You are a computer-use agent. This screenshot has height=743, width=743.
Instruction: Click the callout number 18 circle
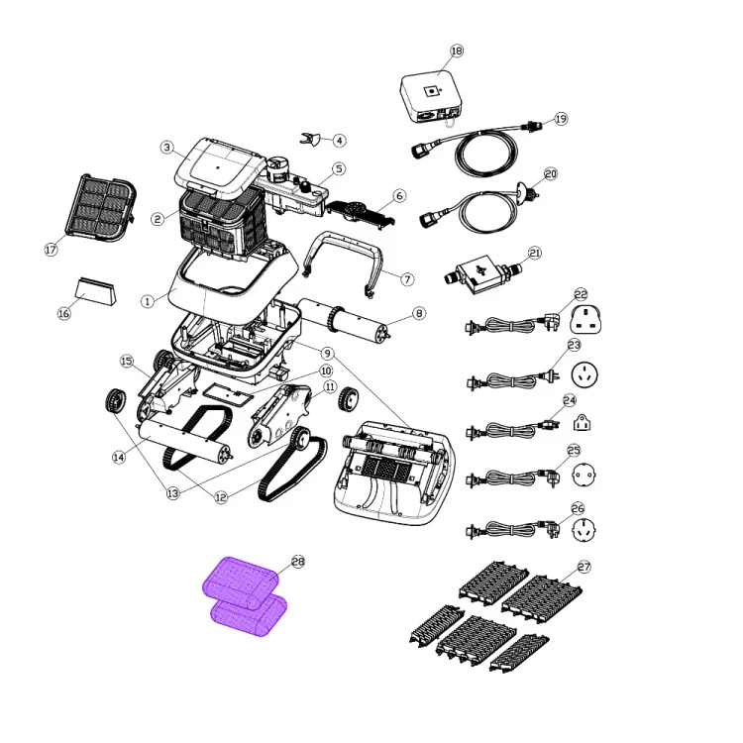(457, 51)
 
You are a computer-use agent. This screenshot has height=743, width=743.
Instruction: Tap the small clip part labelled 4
(308, 139)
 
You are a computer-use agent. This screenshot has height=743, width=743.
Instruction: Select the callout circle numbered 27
(584, 567)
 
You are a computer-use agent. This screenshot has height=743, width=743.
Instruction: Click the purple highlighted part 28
(245, 596)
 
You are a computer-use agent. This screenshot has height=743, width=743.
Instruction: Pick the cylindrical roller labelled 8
(344, 321)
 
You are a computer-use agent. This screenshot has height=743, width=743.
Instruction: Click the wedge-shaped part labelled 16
(95, 291)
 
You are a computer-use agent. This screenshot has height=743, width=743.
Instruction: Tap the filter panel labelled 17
(101, 208)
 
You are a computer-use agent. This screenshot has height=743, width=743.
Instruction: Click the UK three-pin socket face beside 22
(585, 319)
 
